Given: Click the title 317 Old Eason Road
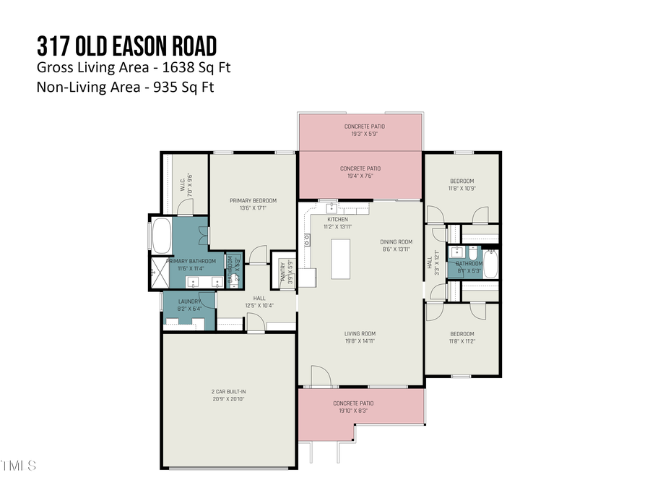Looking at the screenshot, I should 126,46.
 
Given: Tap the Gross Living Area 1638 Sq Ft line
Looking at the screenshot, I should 134,69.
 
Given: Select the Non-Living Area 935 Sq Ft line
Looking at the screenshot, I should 125,87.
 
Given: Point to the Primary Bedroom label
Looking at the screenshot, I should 253,205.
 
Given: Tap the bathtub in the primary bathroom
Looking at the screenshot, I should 161,235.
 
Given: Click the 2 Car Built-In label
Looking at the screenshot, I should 229,395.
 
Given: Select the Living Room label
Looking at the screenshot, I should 359,337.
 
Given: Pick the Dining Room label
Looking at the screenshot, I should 396,245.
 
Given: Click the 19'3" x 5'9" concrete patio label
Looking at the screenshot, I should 363,130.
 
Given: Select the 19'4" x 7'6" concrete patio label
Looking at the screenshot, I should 361,172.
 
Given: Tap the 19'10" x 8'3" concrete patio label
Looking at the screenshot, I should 353,407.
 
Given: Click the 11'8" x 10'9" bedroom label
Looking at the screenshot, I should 462,184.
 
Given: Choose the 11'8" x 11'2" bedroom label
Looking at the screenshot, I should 462,337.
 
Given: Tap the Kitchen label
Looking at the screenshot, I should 337,223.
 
